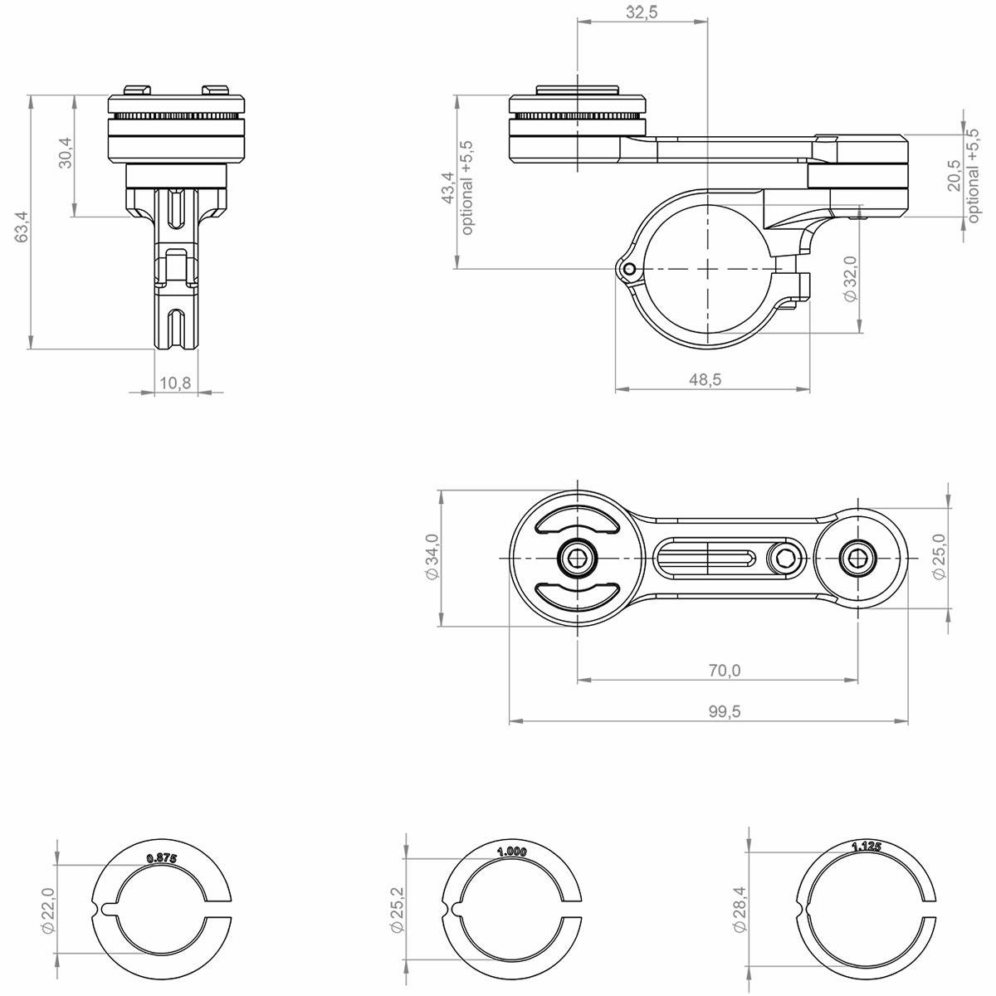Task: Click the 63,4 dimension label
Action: pos(22,227)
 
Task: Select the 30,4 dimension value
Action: pos(66,153)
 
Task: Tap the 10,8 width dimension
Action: pos(175,383)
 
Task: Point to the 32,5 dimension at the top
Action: pos(642,12)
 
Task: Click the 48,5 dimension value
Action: pos(705,380)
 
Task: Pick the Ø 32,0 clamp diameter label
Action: pos(850,279)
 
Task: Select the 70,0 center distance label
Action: pos(725,671)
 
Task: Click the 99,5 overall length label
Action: pos(725,711)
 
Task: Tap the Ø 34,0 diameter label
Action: pos(432,557)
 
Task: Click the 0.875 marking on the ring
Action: pos(162,859)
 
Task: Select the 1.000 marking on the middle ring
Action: pos(512,852)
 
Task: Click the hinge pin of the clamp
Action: pos(629,269)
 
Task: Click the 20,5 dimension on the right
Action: pos(954,176)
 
